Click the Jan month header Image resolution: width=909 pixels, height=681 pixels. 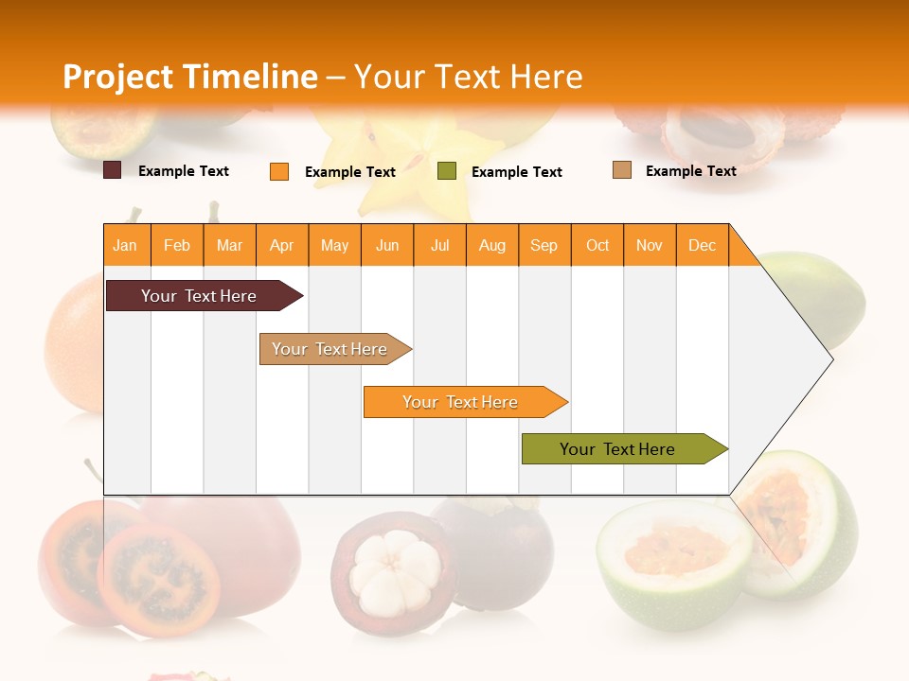[x=125, y=245]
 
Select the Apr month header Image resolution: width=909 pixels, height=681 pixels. [x=282, y=245]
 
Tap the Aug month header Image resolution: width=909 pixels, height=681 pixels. [x=492, y=245]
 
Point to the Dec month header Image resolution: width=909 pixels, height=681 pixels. [x=702, y=245]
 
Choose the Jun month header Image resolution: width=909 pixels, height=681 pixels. [x=387, y=245]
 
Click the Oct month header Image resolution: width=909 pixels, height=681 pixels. [x=597, y=245]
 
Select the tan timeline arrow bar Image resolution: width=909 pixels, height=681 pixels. [x=331, y=349]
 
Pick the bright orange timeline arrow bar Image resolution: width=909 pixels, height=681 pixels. [x=462, y=402]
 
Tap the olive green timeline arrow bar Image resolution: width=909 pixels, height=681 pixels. [x=620, y=449]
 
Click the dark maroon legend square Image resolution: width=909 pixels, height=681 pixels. [x=112, y=170]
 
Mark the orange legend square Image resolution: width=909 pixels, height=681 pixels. [x=278, y=171]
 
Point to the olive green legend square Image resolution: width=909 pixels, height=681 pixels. [x=447, y=170]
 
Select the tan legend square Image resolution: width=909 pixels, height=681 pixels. [x=622, y=170]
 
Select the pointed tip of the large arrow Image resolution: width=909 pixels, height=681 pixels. [x=831, y=359]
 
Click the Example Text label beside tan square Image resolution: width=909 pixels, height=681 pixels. [x=690, y=170]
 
